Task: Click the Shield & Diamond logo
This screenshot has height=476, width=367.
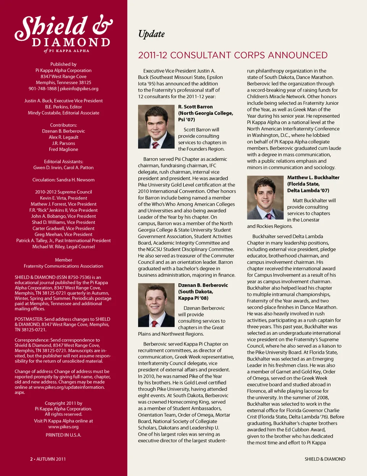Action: [63, 33]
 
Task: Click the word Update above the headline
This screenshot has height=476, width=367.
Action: [151, 34]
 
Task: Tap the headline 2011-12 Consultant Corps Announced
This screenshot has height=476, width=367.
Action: [232, 55]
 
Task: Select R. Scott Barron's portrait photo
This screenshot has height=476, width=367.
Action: [156, 127]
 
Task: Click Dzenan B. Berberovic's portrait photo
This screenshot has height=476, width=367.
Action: [156, 305]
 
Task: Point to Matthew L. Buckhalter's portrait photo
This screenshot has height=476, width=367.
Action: [265, 197]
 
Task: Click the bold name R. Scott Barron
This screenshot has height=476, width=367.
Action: [195, 107]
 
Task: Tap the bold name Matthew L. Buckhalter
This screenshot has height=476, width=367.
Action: [313, 177]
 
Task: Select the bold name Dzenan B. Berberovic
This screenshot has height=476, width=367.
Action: [203, 285]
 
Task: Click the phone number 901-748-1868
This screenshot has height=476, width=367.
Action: [42, 89]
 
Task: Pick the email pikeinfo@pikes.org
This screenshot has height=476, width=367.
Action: [79, 89]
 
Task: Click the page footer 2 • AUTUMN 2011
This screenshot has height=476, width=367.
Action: [48, 459]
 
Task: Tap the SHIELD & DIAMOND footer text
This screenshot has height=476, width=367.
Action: [325, 459]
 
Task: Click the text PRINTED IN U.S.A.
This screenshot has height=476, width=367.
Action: [63, 435]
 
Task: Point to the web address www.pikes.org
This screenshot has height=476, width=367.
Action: [63, 427]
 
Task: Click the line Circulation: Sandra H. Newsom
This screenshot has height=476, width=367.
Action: [63, 180]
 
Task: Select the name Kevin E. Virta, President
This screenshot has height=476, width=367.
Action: [63, 198]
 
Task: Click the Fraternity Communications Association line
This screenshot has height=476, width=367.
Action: [63, 266]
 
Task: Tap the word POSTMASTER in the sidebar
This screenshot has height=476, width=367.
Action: [29, 319]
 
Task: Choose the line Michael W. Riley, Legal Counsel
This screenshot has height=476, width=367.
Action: [63, 247]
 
